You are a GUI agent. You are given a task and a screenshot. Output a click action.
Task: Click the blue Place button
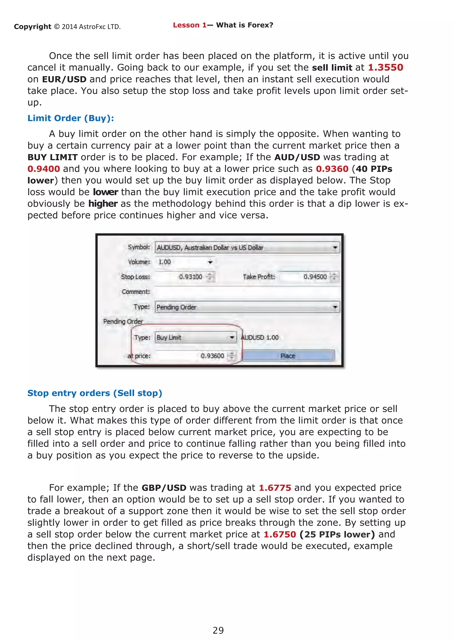[x=288, y=356]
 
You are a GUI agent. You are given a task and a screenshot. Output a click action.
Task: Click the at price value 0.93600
[x=212, y=356]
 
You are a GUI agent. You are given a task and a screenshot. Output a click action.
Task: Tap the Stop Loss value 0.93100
[x=190, y=277]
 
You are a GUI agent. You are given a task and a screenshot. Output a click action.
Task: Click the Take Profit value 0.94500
[x=315, y=277]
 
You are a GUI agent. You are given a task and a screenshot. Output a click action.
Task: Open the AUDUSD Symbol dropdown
[x=247, y=248]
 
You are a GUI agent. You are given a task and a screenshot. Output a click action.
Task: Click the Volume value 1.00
[x=165, y=262]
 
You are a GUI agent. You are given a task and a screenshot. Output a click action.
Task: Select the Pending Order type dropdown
[x=247, y=307]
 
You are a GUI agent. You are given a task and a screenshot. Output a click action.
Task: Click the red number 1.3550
[x=385, y=68]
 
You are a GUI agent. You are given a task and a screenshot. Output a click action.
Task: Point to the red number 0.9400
[x=44, y=169]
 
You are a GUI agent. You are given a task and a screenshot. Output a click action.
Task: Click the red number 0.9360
[x=332, y=169]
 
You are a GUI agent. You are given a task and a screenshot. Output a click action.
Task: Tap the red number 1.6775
[x=275, y=488]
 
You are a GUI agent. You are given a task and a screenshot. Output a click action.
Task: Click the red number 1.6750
[x=280, y=534]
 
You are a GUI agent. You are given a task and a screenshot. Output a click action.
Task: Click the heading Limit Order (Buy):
[x=70, y=118]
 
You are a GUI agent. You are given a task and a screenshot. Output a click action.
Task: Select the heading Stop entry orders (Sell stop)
[x=94, y=393]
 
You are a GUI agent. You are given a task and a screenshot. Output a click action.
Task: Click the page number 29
[x=218, y=630]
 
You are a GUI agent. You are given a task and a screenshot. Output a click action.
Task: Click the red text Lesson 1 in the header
[x=189, y=25]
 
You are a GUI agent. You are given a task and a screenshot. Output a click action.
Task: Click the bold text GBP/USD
[x=164, y=488]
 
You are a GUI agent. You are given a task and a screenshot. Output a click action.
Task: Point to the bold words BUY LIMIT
[x=52, y=157]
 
